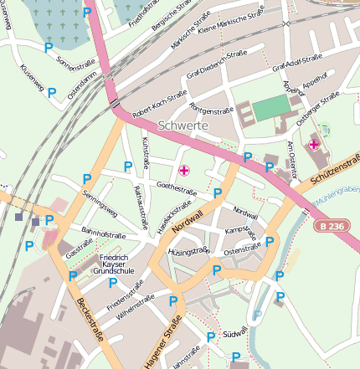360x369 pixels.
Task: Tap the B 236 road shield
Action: pos(331,226)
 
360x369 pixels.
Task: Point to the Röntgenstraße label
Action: pos(211,109)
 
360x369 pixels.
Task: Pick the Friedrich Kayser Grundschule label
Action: pos(113,264)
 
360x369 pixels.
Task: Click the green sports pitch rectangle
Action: pos(270,108)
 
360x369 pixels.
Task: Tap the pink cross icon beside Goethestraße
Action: pos(184,170)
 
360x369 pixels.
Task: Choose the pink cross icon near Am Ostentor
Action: pos(313,145)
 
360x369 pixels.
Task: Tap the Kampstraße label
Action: pos(239,229)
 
